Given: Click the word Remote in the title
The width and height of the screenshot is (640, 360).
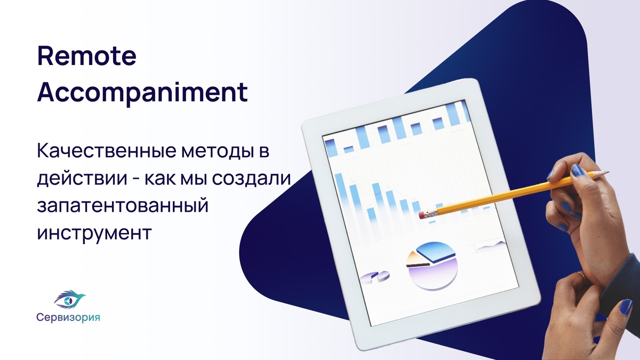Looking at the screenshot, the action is pos(87,55).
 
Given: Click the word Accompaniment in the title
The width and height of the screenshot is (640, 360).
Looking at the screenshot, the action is pos(142,92).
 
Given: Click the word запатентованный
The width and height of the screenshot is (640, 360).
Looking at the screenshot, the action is pos(123,206).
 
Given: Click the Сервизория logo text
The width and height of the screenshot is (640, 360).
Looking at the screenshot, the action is pos(68,317).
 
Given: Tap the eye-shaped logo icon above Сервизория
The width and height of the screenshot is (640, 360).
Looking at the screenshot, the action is pos(70,299).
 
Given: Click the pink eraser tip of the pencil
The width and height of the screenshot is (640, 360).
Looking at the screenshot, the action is pos(422,215).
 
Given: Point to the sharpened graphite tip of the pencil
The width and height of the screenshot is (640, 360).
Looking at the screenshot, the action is pos(606,172).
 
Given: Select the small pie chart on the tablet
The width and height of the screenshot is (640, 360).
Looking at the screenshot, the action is pos(374,277).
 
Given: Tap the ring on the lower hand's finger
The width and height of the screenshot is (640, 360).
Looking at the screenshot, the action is pos(580,275).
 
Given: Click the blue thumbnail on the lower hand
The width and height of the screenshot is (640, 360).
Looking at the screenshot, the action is pos(626,307).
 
